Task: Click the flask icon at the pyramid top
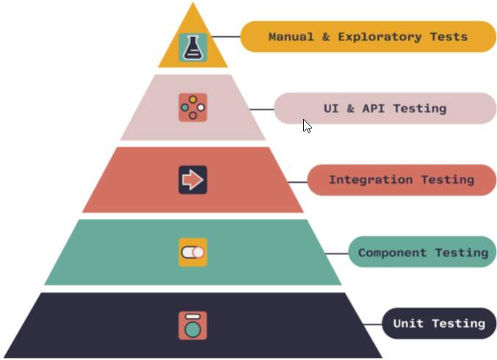click(193, 46)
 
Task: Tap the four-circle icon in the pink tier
click(193, 107)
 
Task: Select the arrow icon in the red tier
click(193, 179)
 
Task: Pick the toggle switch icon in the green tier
click(193, 252)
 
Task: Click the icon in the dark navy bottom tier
click(193, 325)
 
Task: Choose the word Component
click(392, 253)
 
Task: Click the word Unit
click(408, 323)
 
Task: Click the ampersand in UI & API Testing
click(350, 109)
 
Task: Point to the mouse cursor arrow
click(307, 126)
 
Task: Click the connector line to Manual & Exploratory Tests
click(225, 37)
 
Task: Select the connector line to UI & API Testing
click(261, 109)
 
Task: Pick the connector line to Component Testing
click(335, 253)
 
